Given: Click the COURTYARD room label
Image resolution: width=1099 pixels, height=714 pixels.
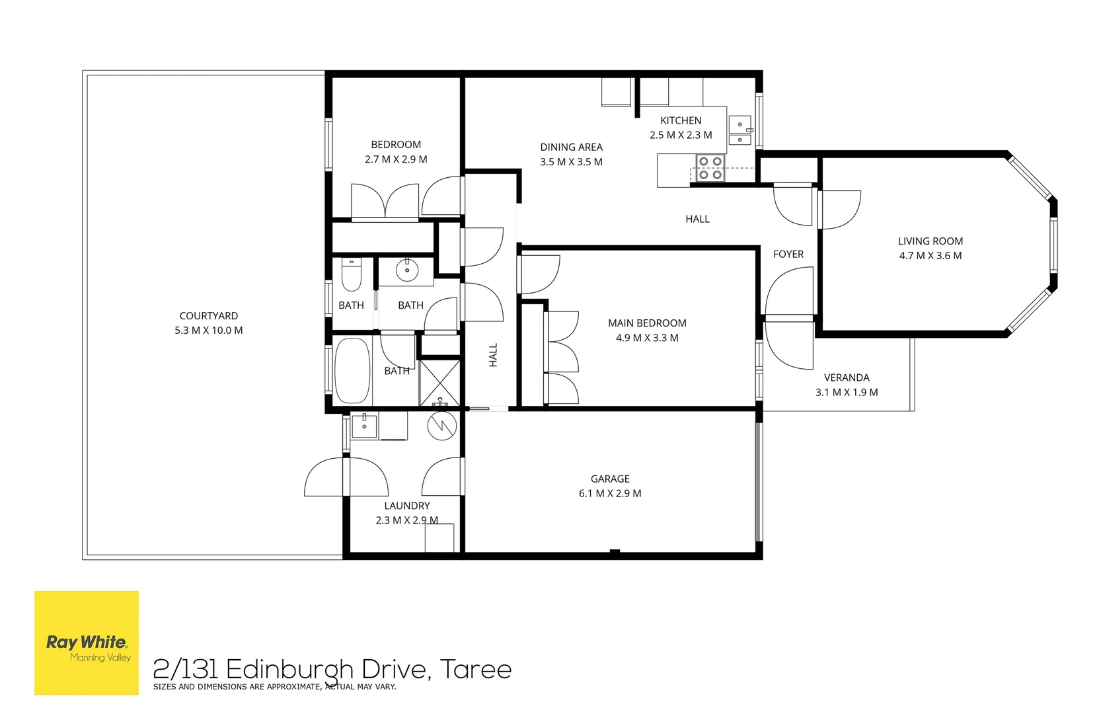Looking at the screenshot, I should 208,316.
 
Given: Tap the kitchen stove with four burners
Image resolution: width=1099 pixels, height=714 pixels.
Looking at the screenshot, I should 710,168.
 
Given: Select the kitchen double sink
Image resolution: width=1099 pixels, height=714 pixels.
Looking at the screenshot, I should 740,131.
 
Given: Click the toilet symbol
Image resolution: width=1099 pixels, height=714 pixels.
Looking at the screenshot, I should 351,275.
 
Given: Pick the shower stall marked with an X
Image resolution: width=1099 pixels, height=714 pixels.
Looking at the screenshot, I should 439,382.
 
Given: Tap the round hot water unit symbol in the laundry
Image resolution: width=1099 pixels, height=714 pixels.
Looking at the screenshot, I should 441,426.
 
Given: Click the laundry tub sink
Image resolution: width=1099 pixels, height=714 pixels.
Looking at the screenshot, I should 363,426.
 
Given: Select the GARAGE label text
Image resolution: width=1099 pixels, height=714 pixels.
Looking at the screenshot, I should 609,479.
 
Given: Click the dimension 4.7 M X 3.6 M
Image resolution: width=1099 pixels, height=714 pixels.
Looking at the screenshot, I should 930,256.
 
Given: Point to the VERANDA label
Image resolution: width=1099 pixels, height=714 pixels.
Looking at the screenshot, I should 846,377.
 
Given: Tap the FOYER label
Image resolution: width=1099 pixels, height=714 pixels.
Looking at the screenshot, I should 788,254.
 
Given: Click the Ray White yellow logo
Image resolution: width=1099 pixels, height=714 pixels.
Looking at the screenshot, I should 87,643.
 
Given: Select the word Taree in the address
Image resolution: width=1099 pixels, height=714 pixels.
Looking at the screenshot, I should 475,669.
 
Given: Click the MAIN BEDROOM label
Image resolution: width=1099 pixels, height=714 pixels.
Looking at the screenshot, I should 646,323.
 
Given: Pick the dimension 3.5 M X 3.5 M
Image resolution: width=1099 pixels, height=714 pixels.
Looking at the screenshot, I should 571,162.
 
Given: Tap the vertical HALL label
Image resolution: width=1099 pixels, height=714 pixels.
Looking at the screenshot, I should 493,355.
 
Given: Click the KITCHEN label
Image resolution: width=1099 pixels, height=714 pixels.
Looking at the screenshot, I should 680,120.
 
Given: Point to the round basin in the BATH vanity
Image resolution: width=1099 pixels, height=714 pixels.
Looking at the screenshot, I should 407,270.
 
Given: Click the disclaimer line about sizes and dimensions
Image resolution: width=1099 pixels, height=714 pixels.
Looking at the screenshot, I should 274,687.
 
